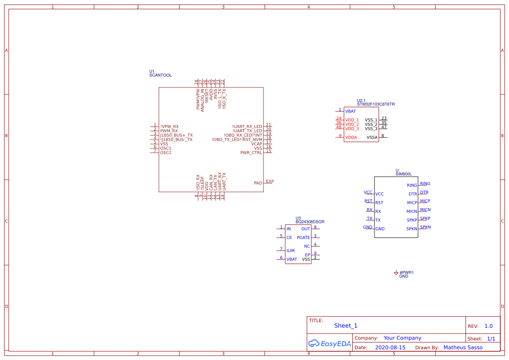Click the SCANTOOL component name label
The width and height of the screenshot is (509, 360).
[x=160, y=75]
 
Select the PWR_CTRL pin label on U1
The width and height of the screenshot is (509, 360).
[x=251, y=153]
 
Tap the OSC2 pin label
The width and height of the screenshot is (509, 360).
[x=165, y=153]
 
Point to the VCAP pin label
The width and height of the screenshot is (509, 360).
[x=256, y=144]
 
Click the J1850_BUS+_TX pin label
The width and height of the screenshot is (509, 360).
[x=176, y=135]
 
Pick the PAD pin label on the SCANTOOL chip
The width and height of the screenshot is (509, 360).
[x=258, y=183]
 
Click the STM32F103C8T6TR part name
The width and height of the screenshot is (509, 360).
[x=376, y=104]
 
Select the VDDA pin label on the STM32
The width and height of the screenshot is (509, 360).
[x=351, y=138]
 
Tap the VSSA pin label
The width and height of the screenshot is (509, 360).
[x=372, y=138]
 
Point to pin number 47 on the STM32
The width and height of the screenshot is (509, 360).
[x=384, y=127]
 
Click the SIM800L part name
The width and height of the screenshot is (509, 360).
[x=403, y=174]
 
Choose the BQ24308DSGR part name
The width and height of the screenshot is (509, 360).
[x=310, y=222]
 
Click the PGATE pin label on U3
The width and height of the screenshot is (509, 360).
[x=303, y=238]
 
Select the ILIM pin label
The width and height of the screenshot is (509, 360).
[x=290, y=251]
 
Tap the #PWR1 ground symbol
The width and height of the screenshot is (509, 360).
[x=396, y=273]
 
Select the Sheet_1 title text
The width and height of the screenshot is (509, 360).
[x=346, y=326]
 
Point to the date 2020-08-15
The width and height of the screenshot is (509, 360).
[x=390, y=348]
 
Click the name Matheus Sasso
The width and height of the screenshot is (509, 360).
[x=463, y=347]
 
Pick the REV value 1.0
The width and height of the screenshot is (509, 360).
[x=489, y=326]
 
